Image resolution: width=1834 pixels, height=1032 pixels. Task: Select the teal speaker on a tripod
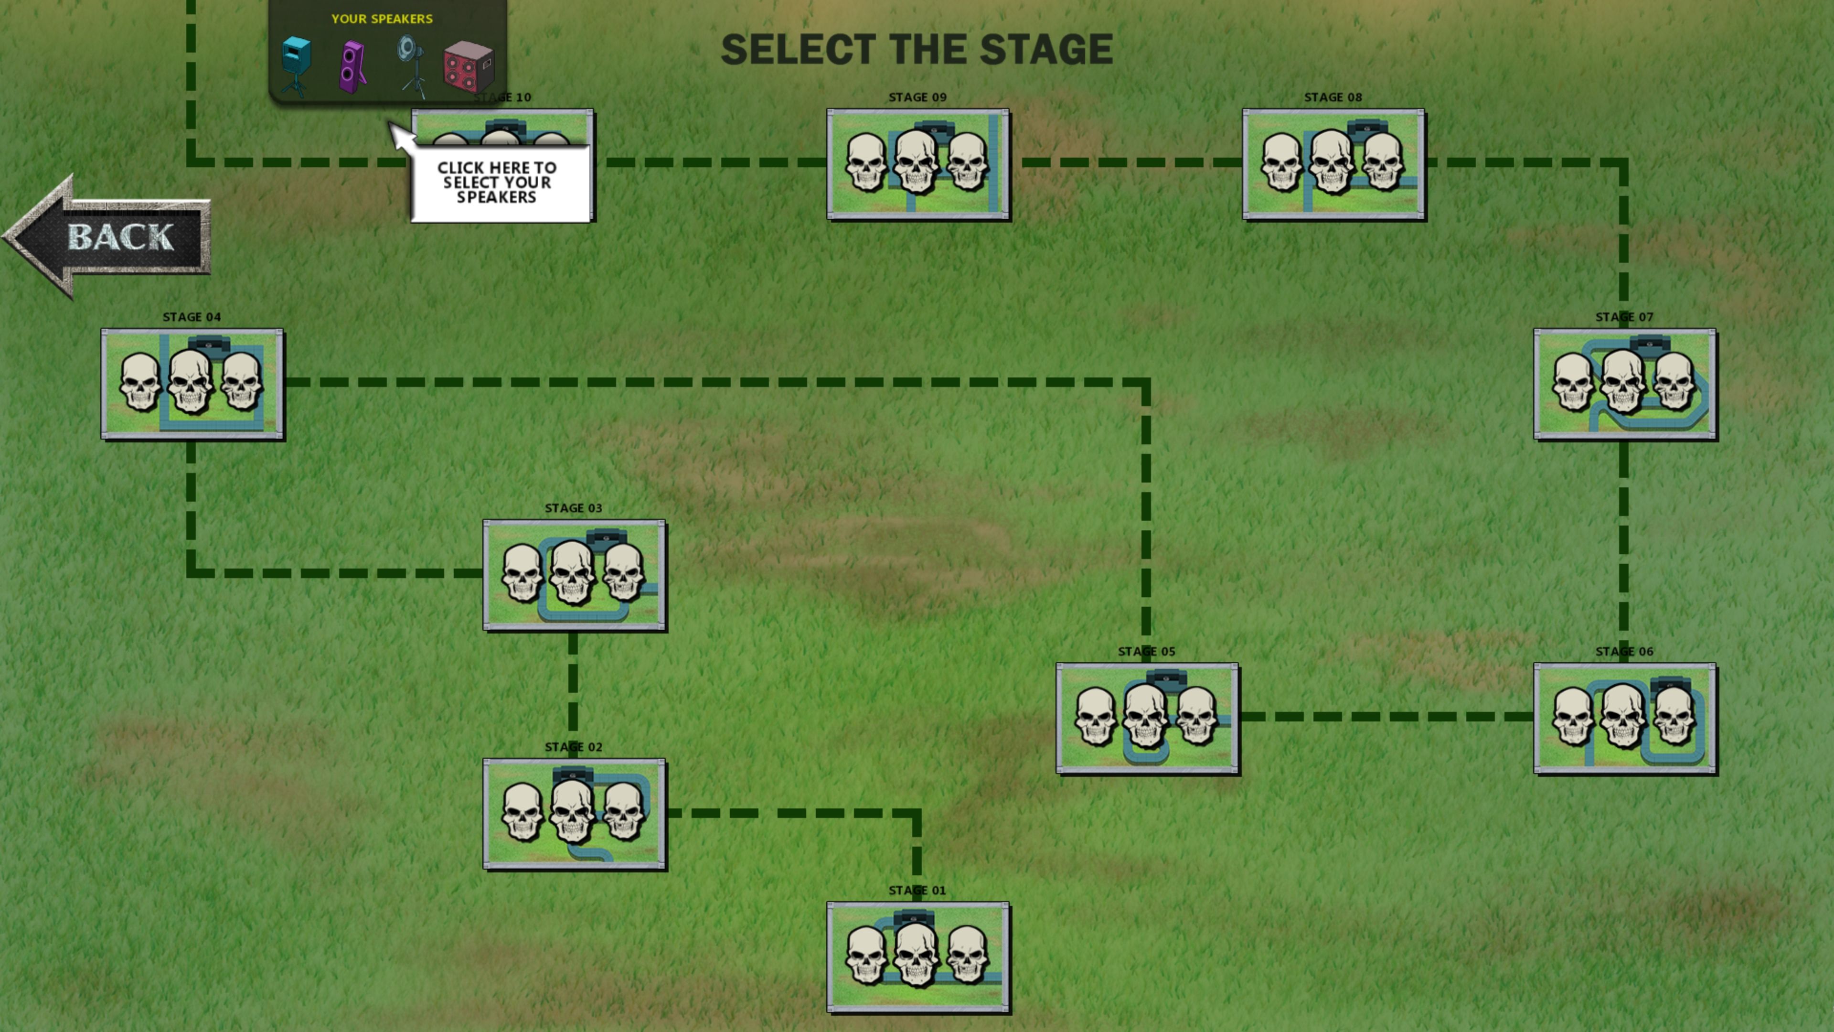coord(296,64)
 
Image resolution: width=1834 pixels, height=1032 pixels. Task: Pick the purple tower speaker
coord(353,67)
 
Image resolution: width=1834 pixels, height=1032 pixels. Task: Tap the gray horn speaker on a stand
coord(411,65)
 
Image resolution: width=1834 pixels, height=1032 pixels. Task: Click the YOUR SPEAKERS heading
coord(382,19)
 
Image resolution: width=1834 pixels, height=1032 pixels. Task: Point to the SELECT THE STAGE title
coord(917,49)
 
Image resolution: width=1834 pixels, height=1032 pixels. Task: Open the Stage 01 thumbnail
coord(917,957)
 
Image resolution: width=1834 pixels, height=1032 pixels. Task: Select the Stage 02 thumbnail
coord(574,813)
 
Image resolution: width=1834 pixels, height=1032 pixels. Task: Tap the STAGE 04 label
coord(192,317)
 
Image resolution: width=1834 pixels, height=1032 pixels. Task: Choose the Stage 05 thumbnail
coord(1147,718)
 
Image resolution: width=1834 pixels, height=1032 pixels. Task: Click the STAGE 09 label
coord(917,97)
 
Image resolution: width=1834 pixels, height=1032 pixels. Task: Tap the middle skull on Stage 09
coord(917,163)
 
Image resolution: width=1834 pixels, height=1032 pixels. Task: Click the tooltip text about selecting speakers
coord(497,183)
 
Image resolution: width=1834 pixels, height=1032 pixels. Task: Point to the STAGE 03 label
coord(573,508)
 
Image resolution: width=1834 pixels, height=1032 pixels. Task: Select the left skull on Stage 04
coord(139,382)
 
